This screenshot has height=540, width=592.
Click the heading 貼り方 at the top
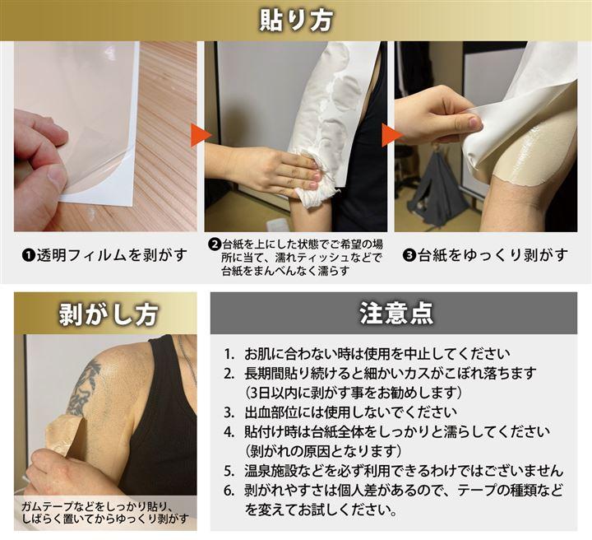[x=296, y=20]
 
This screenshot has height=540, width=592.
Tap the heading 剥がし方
[x=109, y=314]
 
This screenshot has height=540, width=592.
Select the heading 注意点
[x=396, y=313]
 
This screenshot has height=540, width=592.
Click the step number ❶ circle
[x=28, y=255]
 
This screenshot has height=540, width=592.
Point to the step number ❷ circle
[x=214, y=244]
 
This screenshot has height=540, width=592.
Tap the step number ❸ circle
[x=409, y=255]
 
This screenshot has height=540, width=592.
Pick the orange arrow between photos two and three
[x=391, y=135]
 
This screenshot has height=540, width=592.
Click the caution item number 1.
[x=229, y=355]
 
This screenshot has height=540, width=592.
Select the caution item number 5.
[x=229, y=471]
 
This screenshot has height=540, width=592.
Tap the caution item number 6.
[x=229, y=491]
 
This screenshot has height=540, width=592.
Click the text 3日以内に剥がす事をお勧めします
[x=354, y=393]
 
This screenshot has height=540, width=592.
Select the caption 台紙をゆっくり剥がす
[x=493, y=255]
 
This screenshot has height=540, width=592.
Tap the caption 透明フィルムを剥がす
[x=112, y=255]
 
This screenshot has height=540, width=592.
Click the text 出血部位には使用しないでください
[x=350, y=412]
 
